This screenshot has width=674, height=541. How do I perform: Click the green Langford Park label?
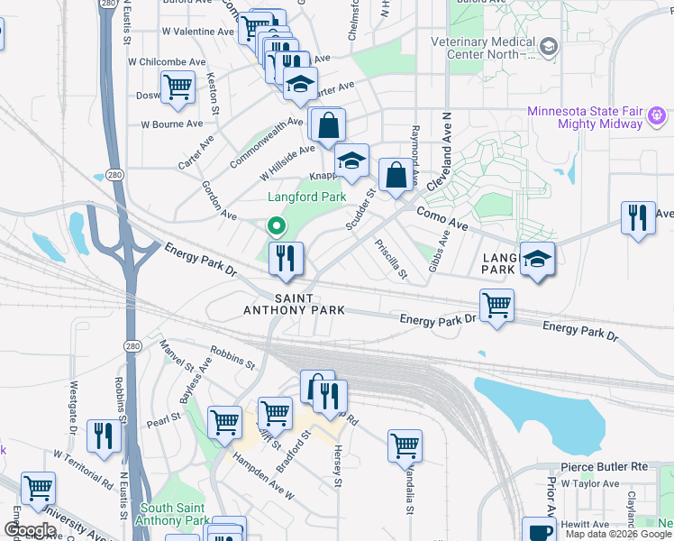click(306, 197)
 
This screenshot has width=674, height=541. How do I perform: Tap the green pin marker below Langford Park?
click(276, 226)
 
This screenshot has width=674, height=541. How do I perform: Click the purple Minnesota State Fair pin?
click(656, 115)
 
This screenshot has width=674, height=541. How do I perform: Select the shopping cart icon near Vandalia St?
click(405, 445)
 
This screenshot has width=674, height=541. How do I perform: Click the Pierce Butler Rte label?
click(605, 467)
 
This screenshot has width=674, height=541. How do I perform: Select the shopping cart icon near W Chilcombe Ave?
click(178, 87)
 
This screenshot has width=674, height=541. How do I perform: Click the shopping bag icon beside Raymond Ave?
click(396, 176)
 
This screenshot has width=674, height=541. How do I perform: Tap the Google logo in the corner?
click(29, 530)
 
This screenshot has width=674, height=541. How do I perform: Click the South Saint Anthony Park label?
click(173, 514)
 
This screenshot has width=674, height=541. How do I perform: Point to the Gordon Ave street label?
click(219, 205)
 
